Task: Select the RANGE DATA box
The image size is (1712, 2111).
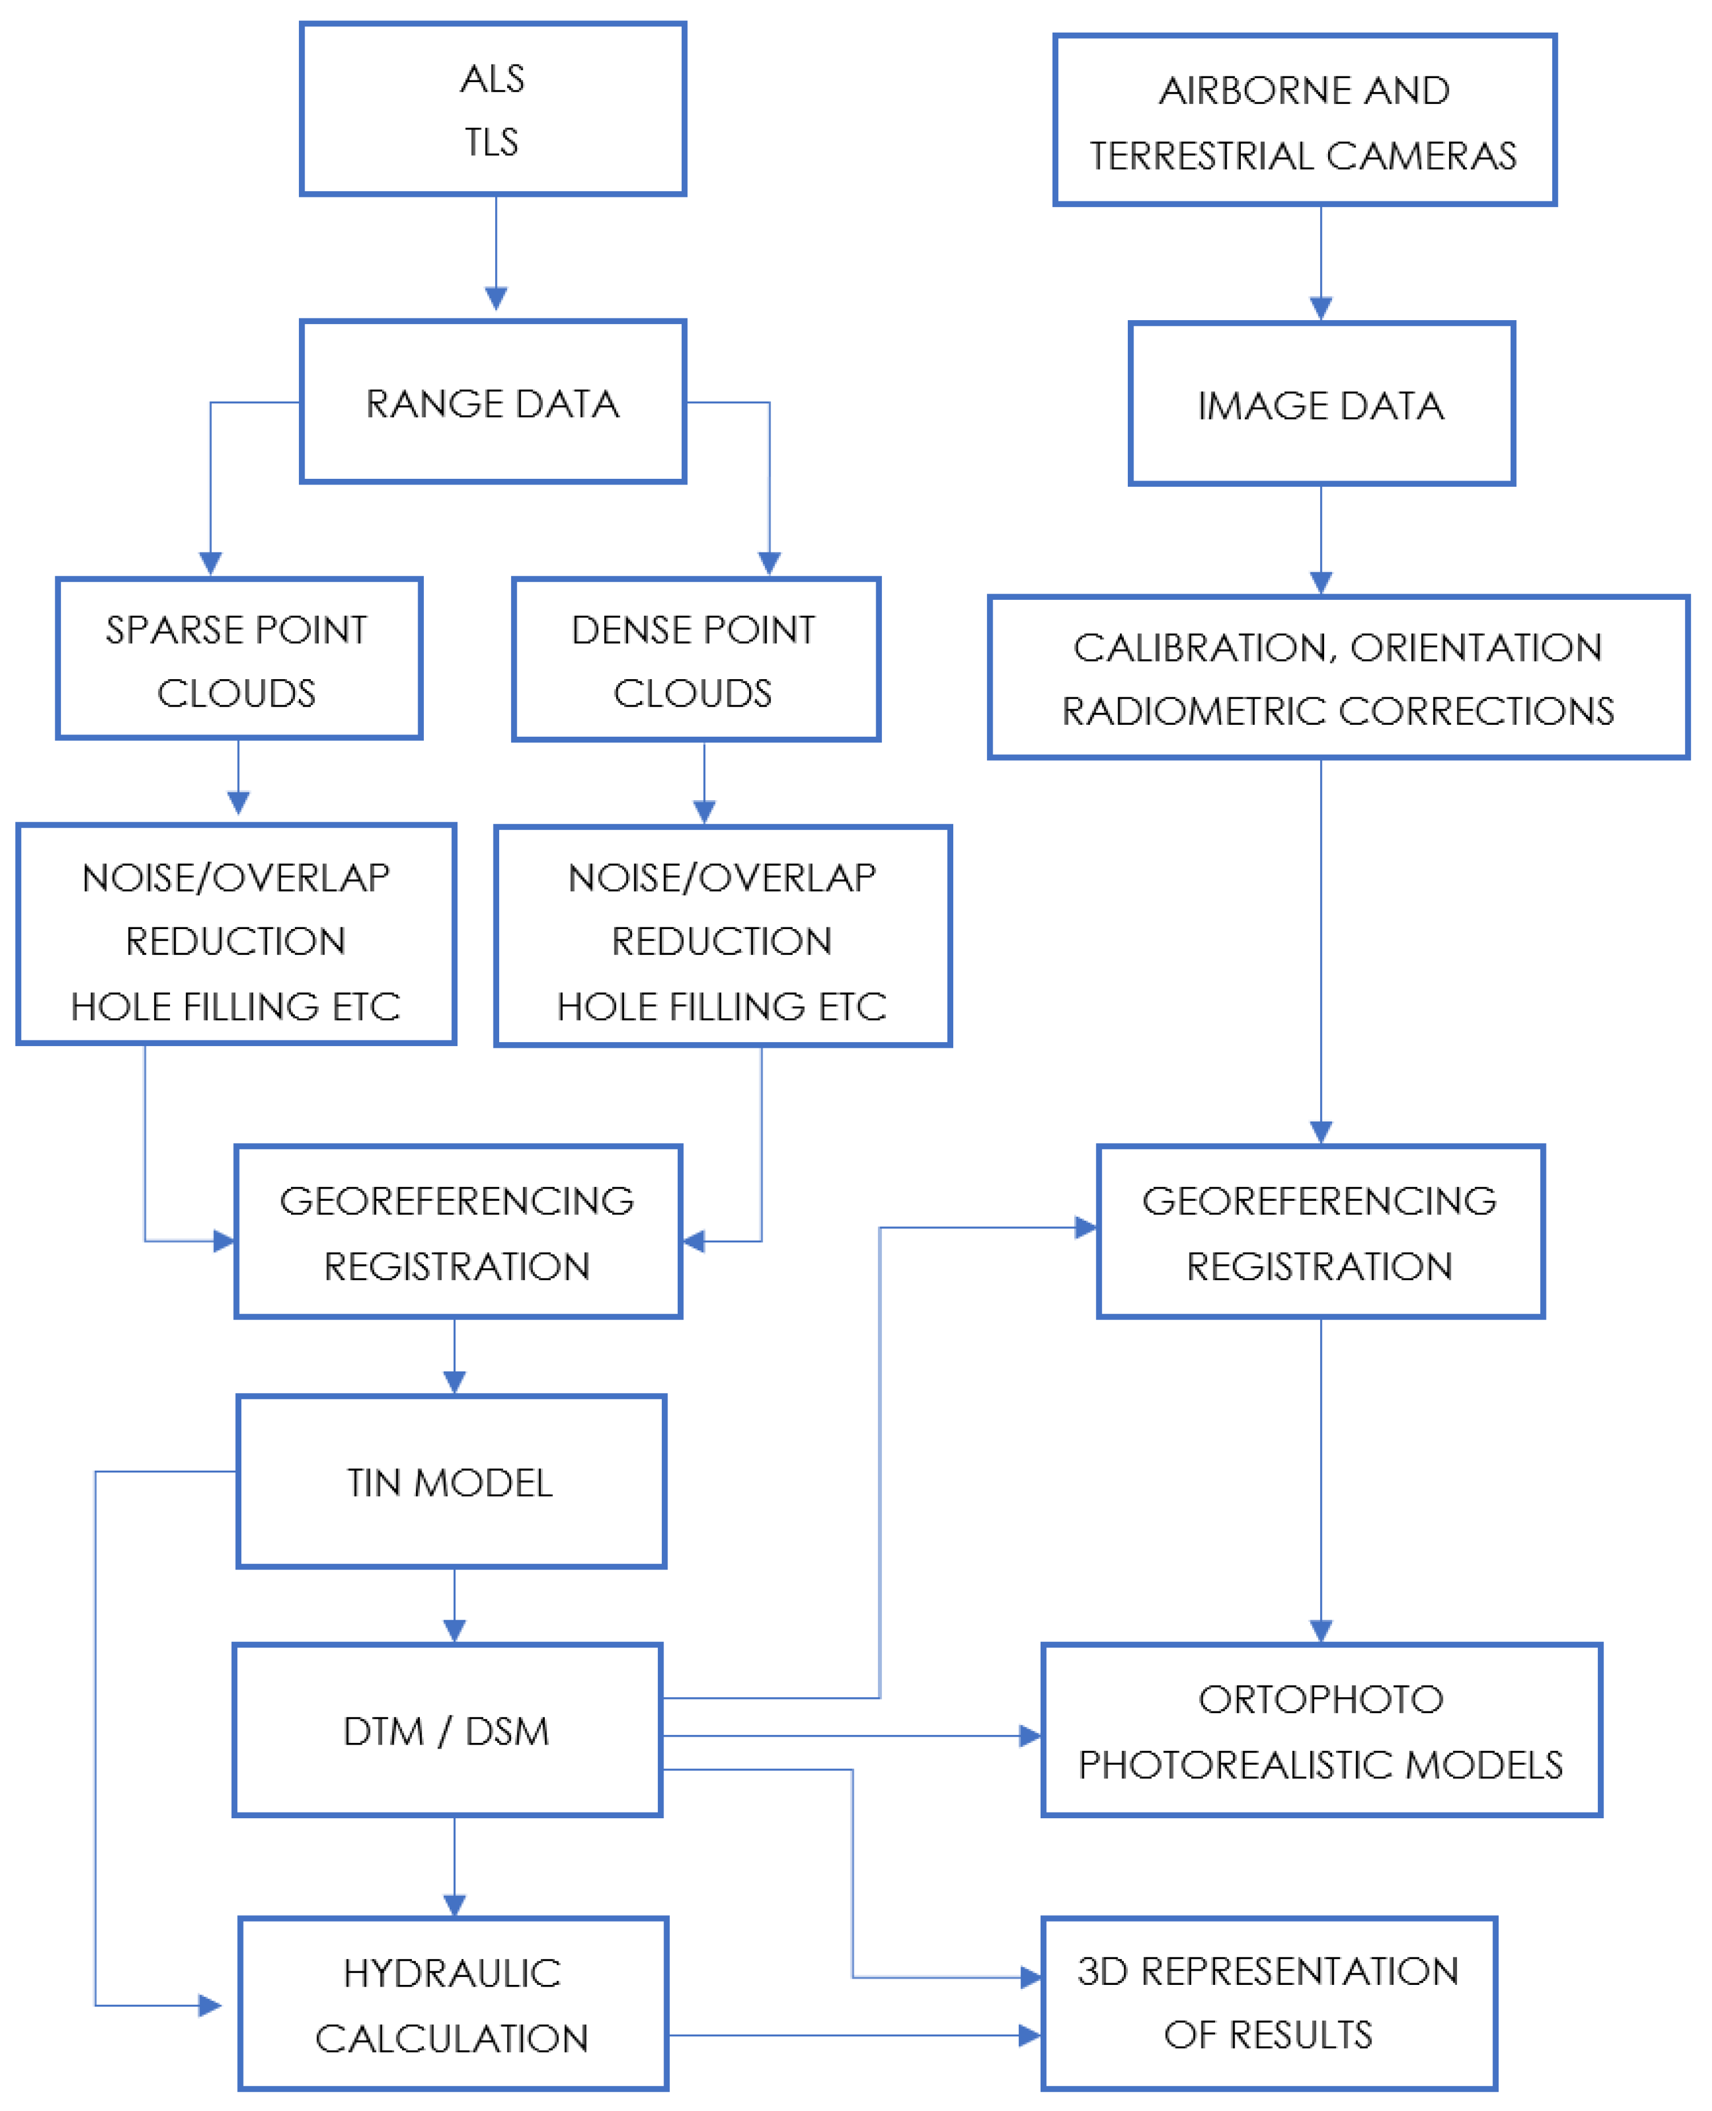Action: click(x=492, y=402)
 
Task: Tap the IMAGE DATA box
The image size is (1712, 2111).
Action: click(x=1321, y=405)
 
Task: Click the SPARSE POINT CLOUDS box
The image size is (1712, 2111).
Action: click(x=238, y=659)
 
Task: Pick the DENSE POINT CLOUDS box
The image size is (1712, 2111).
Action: click(x=695, y=660)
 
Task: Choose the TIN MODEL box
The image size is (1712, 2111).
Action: click(x=451, y=1482)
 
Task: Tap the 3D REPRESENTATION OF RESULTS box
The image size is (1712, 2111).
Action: click(x=1268, y=2004)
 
